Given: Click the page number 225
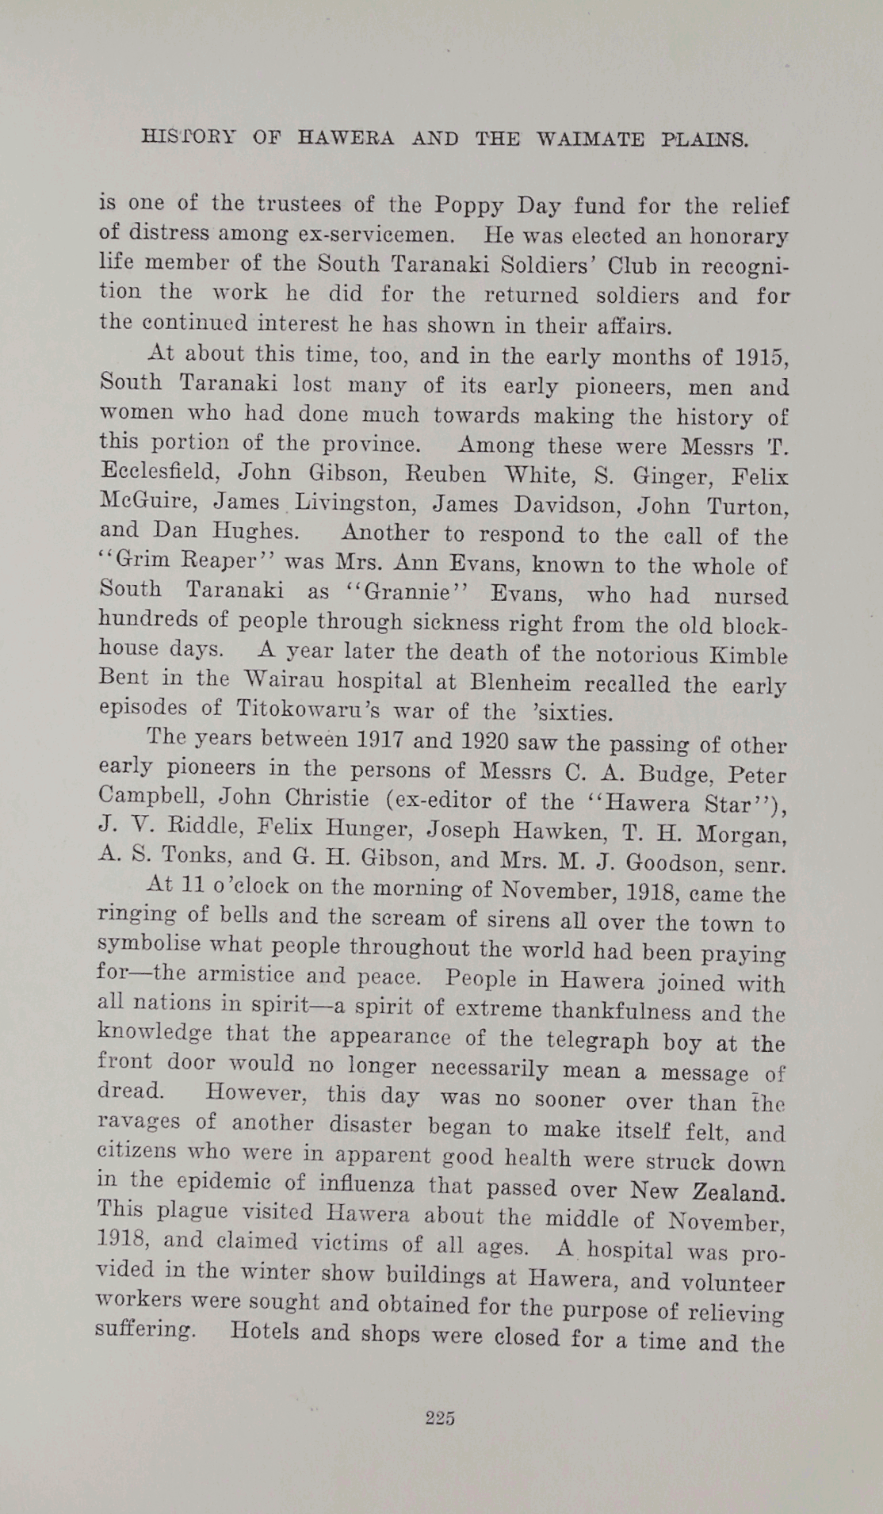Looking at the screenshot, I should (440, 1418).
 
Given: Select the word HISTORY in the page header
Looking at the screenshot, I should (188, 136).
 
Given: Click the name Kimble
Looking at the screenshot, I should (748, 656).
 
